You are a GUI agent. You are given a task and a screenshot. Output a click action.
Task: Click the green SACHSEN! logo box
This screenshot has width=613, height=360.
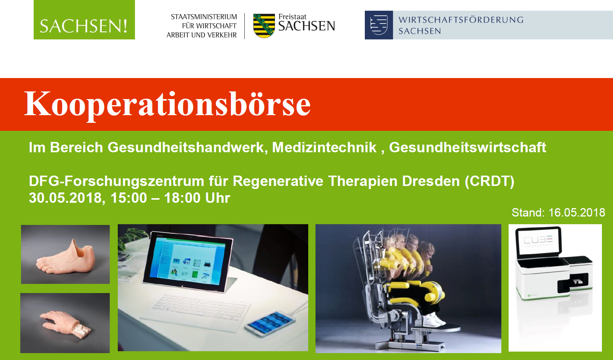pyautogui.click(x=84, y=20)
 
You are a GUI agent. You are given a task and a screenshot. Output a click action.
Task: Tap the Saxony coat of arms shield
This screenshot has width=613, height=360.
pyautogui.click(x=264, y=26)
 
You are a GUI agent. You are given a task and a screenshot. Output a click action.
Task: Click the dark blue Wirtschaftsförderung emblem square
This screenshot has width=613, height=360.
pyautogui.click(x=379, y=25)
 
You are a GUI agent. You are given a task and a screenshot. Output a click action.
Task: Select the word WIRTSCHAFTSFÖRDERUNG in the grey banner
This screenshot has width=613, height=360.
pyautogui.click(x=461, y=20)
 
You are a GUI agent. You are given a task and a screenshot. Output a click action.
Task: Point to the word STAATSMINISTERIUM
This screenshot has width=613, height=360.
pyautogui.click(x=204, y=17)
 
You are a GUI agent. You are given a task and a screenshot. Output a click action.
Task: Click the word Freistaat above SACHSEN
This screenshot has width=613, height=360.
pyautogui.click(x=292, y=17)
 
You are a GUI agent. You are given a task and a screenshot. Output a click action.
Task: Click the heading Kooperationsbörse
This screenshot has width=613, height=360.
pyautogui.click(x=167, y=104)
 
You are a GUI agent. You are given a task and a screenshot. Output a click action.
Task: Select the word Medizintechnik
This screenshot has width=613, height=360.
pyautogui.click(x=324, y=147)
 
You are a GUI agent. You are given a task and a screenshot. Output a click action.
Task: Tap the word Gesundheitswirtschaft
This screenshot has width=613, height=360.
pyautogui.click(x=467, y=147)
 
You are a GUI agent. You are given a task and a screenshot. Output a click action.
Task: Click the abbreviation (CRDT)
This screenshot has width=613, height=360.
pyautogui.click(x=489, y=181)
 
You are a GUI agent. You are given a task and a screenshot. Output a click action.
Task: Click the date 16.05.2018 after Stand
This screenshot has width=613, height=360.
pyautogui.click(x=577, y=213)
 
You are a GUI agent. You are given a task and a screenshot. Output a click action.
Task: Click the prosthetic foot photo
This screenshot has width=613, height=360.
pyautogui.click(x=65, y=254)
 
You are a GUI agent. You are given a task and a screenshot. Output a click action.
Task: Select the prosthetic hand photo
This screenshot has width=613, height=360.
pyautogui.click(x=65, y=323)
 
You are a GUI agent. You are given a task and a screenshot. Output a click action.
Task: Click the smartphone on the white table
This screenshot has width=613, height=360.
pyautogui.click(x=270, y=324)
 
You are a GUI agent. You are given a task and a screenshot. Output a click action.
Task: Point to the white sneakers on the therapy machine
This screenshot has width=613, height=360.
pyautogui.click(x=433, y=320)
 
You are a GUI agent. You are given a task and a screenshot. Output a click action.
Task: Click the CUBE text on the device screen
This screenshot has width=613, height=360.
pyautogui.click(x=538, y=240)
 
